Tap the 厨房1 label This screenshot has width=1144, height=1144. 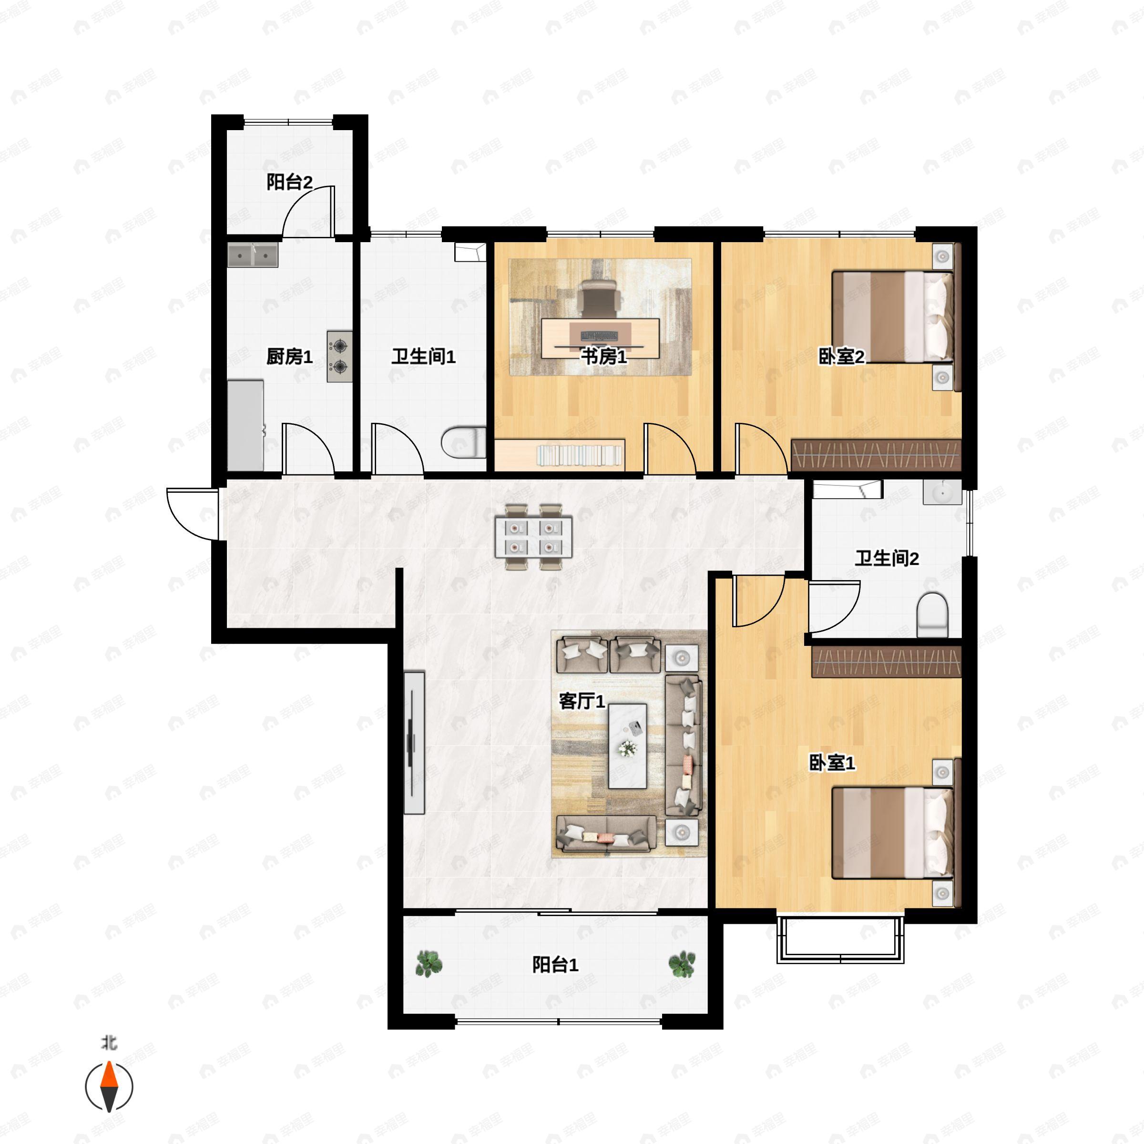click(x=289, y=357)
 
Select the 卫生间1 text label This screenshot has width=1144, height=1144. click(x=423, y=357)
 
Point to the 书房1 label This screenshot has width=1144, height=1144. click(x=603, y=357)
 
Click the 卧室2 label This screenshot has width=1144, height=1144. click(x=841, y=357)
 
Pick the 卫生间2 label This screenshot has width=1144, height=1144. click(x=887, y=558)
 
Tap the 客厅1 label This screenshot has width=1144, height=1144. click(x=582, y=701)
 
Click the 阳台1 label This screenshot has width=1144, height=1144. click(x=555, y=965)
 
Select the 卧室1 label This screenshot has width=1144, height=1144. click(x=832, y=763)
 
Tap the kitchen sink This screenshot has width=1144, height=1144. click(x=253, y=256)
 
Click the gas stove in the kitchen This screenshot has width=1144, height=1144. click(x=339, y=357)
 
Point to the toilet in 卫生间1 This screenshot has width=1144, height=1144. click(x=464, y=442)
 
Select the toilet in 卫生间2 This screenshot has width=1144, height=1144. click(x=933, y=615)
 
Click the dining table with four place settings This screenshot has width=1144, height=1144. click(x=533, y=537)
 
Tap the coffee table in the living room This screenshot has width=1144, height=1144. click(x=628, y=746)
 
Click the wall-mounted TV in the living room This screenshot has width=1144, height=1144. click(x=414, y=743)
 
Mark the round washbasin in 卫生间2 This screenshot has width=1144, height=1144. click(x=942, y=492)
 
